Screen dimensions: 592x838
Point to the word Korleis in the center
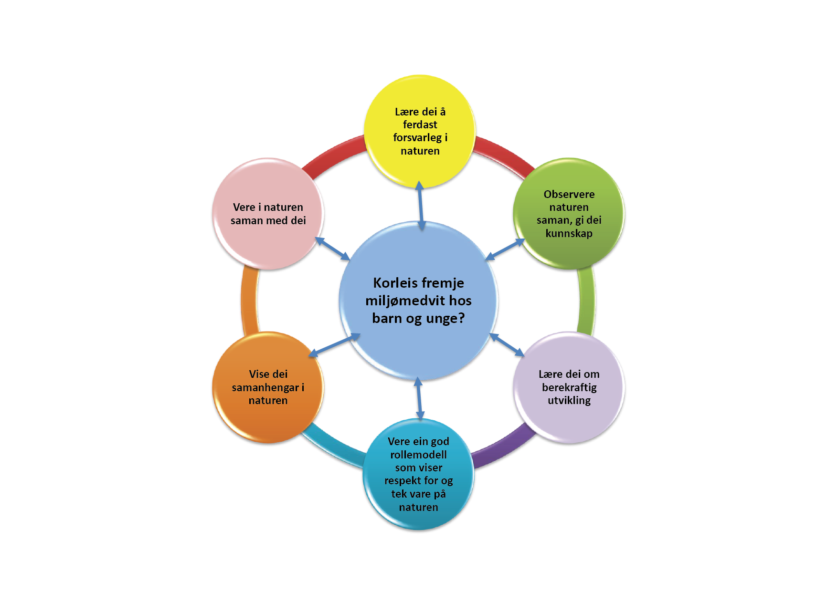click(x=391, y=283)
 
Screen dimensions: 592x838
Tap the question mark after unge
click(x=460, y=318)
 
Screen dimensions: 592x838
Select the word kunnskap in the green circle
click(x=569, y=233)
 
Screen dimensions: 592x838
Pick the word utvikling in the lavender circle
click(x=569, y=400)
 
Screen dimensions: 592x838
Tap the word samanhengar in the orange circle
click(x=265, y=387)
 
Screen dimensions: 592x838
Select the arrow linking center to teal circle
click(x=419, y=398)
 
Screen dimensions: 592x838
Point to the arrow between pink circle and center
click(x=332, y=249)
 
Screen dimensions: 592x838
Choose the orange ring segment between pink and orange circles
click(x=249, y=301)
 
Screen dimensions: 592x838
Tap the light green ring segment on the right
click(x=587, y=301)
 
